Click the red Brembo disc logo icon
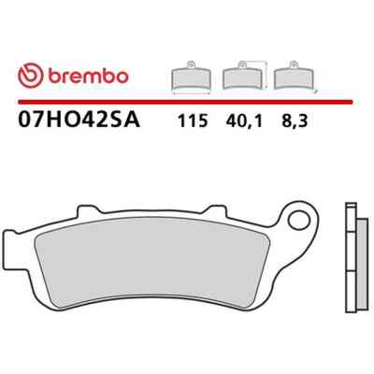[x=31, y=77]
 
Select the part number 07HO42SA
[x=79, y=121]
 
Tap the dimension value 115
[x=193, y=121]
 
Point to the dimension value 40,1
[x=244, y=122]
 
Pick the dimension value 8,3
[x=295, y=122]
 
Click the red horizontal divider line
[x=185, y=102]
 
